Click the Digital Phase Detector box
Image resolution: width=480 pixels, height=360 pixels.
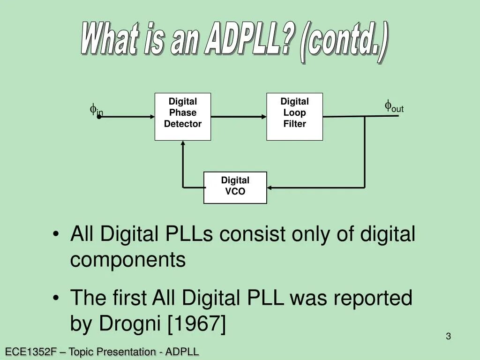click(183, 117)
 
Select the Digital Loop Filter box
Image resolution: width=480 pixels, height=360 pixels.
click(294, 117)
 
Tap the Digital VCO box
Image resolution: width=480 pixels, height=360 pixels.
click(235, 187)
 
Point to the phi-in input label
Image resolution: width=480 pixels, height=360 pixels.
click(96, 111)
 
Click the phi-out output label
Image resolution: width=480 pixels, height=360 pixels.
click(394, 107)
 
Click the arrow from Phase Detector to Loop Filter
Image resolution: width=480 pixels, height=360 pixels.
click(239, 117)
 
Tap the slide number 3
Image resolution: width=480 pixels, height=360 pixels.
click(448, 336)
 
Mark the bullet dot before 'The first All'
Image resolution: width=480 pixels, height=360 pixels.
click(57, 298)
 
